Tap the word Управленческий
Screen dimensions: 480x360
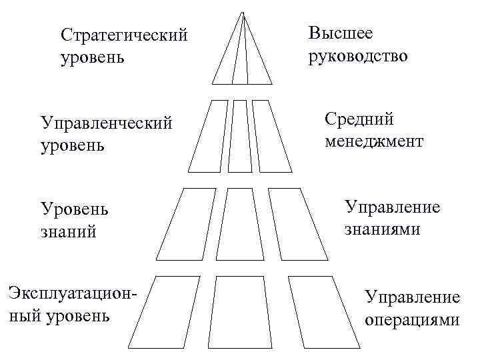pyautogui.click(x=107, y=123)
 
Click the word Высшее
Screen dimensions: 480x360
pyautogui.click(x=341, y=33)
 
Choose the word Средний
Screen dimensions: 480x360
pyautogui.click(x=359, y=119)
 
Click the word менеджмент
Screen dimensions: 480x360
pyautogui.click(x=375, y=141)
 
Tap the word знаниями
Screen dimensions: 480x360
pyautogui.click(x=382, y=229)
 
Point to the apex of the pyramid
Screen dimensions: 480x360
pyautogui.click(x=243, y=12)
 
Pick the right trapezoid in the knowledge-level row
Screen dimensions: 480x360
pyautogui.click(x=297, y=223)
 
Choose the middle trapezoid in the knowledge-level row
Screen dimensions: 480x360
pyautogui.click(x=243, y=223)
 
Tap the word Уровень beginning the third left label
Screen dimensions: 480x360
pyautogui.click(x=75, y=209)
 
